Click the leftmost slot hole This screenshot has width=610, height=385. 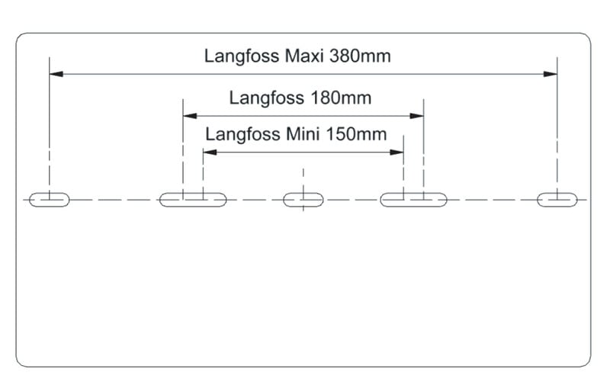pyautogui.click(x=50, y=200)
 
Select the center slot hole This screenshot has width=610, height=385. pyautogui.click(x=303, y=200)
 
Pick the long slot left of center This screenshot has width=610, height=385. pyautogui.click(x=192, y=200)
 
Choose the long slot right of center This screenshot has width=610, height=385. pyautogui.click(x=414, y=200)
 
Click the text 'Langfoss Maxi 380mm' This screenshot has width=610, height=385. pyautogui.click(x=303, y=56)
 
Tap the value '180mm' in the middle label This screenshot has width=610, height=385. pyautogui.click(x=342, y=98)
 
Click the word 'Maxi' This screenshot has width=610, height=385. pyautogui.click(x=309, y=56)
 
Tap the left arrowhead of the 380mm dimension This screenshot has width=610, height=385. pyautogui.click(x=55, y=74)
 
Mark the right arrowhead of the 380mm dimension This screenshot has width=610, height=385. pyautogui.click(x=551, y=74)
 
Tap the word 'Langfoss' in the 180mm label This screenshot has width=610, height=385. pyautogui.click(x=268, y=98)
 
